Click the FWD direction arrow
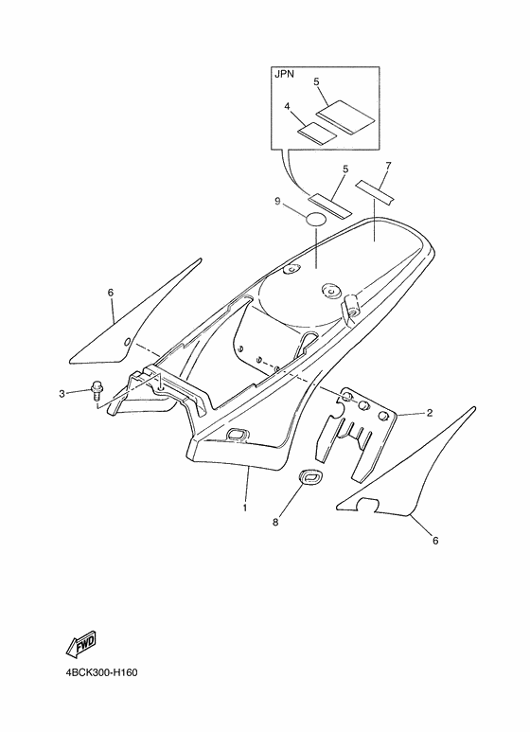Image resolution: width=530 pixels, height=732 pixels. point(81,645)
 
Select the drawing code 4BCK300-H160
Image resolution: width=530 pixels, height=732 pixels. point(101,673)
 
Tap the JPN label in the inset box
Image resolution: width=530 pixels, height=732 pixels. point(284,74)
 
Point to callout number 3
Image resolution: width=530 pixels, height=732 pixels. point(62,394)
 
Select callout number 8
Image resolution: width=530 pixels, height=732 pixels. point(275,523)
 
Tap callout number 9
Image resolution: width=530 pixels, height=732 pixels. point(277,201)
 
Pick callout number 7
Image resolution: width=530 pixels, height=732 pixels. point(388,166)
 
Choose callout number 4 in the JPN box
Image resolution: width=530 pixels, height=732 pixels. point(288,106)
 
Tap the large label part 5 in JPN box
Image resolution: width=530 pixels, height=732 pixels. point(346,116)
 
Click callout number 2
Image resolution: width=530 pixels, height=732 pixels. point(430,413)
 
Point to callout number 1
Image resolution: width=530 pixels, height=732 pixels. point(245,508)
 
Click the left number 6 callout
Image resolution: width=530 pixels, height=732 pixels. point(111,293)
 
